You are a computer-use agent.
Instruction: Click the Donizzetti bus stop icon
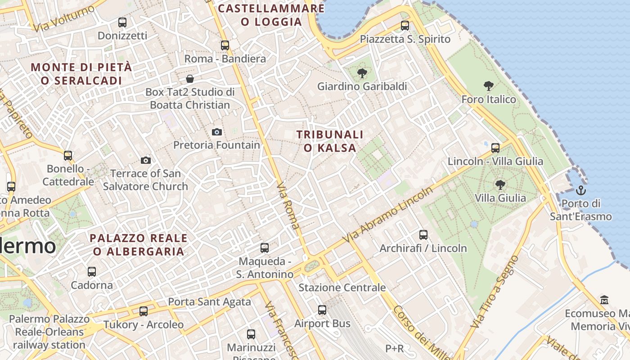click(122, 22)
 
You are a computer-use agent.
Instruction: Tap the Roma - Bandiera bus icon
click(225, 45)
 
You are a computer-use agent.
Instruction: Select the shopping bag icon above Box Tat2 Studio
click(190, 79)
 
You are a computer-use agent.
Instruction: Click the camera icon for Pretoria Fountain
click(217, 132)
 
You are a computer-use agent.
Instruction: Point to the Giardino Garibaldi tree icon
click(361, 73)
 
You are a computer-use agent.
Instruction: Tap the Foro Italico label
click(489, 99)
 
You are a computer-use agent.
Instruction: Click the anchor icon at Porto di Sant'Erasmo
click(581, 190)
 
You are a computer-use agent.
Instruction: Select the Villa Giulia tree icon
click(500, 184)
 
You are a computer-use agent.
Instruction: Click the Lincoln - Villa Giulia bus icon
click(495, 148)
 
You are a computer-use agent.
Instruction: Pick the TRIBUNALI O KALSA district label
click(330, 141)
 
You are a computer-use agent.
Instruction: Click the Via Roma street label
click(288, 206)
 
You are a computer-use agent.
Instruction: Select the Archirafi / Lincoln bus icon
click(423, 234)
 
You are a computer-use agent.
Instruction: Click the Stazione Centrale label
click(342, 288)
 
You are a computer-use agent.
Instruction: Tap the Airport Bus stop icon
click(322, 310)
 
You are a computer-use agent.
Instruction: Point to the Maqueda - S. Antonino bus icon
click(265, 247)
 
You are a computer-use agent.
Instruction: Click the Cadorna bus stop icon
click(92, 271)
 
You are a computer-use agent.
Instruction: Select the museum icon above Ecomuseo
click(604, 300)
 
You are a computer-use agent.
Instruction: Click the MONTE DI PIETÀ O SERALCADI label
click(81, 74)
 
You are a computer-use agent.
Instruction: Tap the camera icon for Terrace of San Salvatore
click(146, 160)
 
